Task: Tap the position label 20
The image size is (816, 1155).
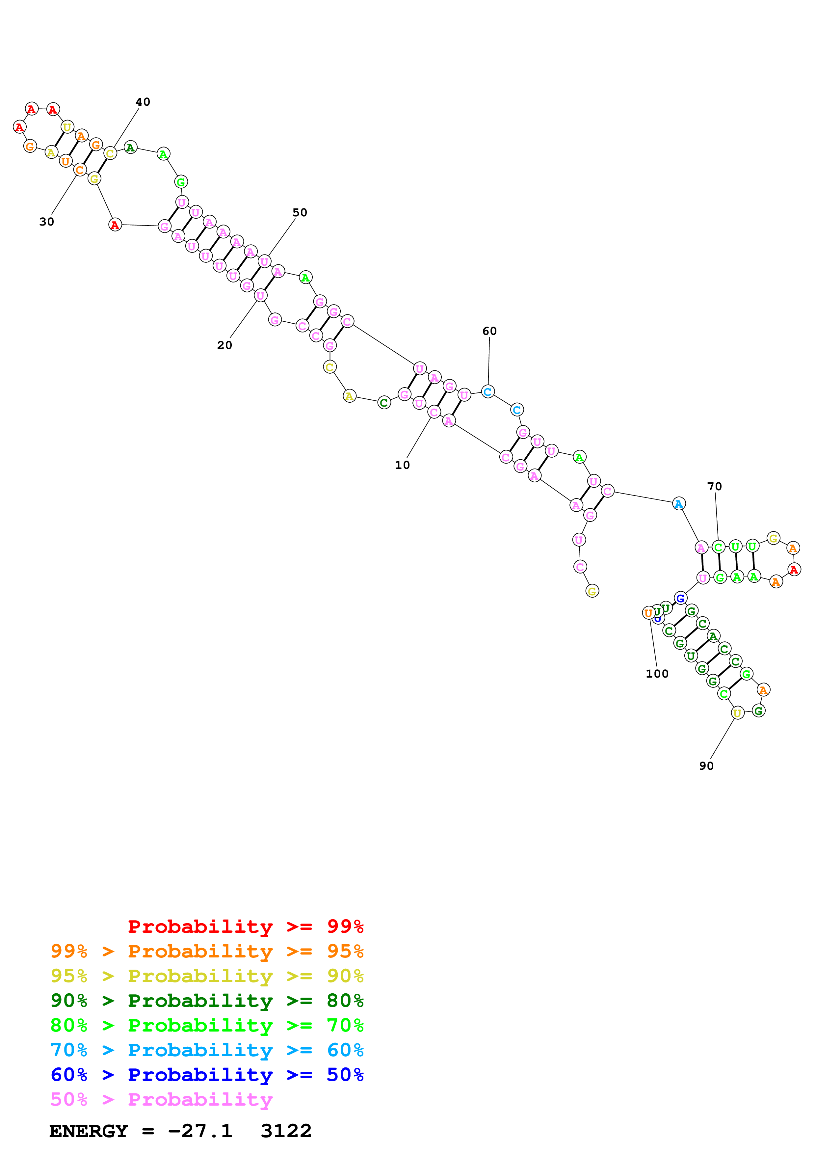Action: pyautogui.click(x=224, y=345)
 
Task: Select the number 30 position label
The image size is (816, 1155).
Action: pyautogui.click(x=46, y=222)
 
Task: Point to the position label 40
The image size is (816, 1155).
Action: pyautogui.click(x=143, y=102)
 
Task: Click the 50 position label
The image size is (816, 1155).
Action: pyautogui.click(x=300, y=213)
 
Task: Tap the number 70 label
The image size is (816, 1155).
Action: pyautogui.click(x=714, y=486)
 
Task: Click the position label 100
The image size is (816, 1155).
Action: pyautogui.click(x=657, y=674)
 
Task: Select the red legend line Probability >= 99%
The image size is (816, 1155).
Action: pyautogui.click(x=245, y=927)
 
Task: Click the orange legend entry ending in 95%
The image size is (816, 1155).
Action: pyautogui.click(x=207, y=951)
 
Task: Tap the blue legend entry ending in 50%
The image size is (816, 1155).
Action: pyautogui.click(x=207, y=1075)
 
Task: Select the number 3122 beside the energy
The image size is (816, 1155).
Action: pyautogui.click(x=286, y=1131)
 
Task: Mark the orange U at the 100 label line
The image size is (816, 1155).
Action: pyautogui.click(x=648, y=613)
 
